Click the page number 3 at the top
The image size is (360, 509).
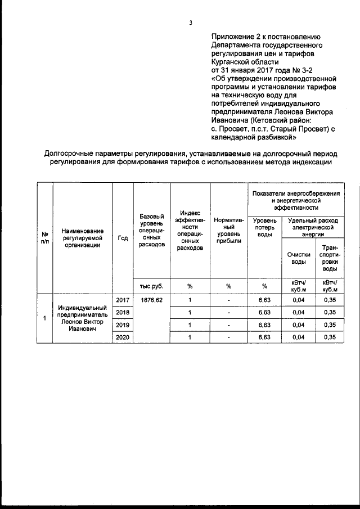tap(191, 23)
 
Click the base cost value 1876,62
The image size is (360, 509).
tap(152, 300)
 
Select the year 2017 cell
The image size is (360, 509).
tap(123, 300)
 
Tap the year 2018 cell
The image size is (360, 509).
tap(123, 313)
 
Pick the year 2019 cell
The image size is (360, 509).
tap(123, 325)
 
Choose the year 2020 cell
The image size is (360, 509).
tap(123, 337)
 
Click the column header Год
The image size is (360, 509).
tap(123, 237)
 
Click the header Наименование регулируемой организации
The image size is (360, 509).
tap(83, 237)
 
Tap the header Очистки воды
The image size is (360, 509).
tap(298, 258)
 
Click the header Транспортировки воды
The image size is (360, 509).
tap(330, 258)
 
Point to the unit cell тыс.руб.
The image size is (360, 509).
tap(152, 286)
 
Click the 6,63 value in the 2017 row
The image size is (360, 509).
tap(264, 300)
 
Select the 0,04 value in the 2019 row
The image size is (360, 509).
tap(298, 325)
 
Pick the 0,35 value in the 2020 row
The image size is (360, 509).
tap(330, 337)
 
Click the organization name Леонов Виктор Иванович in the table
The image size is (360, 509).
tap(83, 319)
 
